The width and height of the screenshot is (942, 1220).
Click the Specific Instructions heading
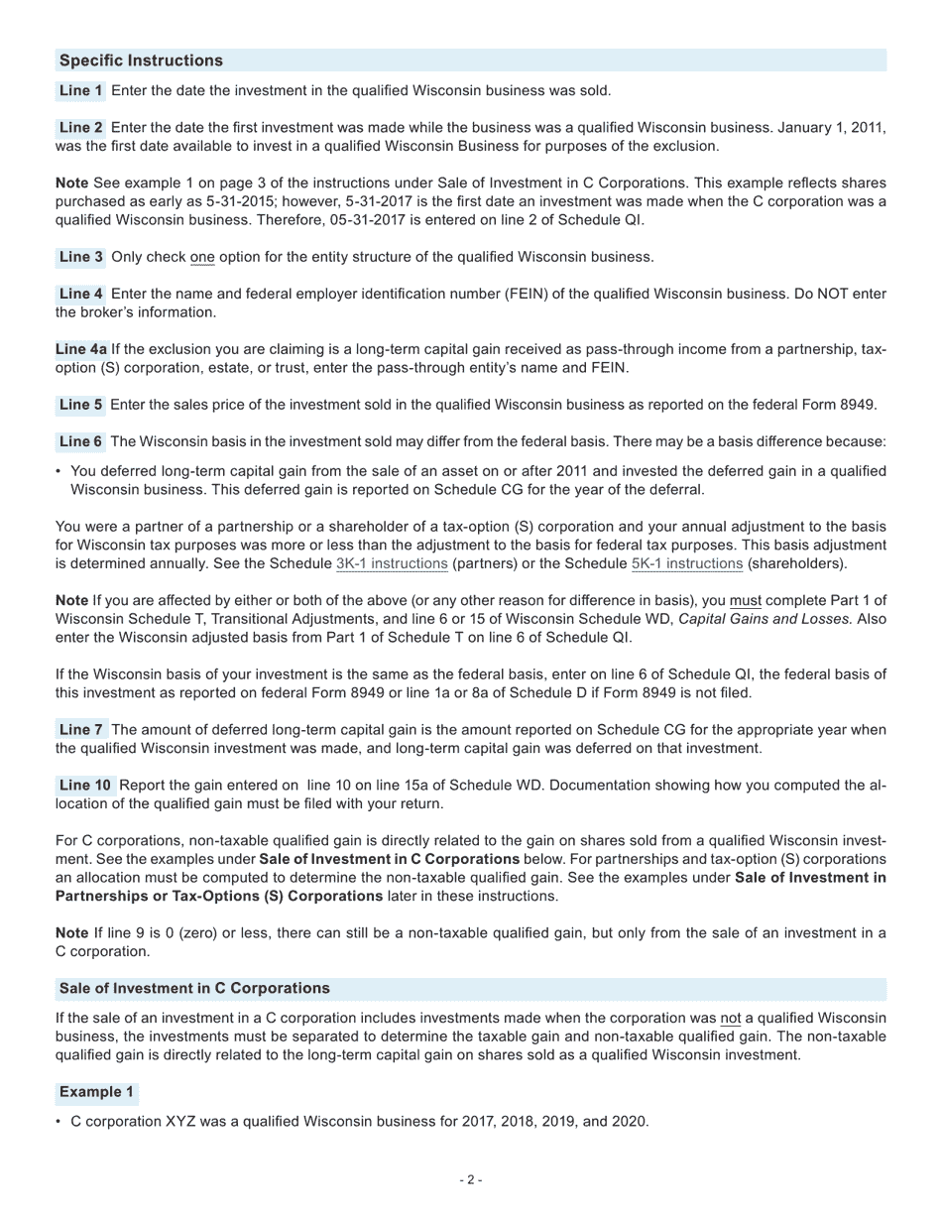point(141,61)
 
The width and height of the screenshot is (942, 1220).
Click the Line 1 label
point(81,90)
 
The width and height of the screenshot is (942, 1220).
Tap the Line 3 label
point(81,257)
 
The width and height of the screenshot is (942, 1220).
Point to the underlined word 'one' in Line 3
point(202,257)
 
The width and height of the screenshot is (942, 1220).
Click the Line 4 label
point(81,294)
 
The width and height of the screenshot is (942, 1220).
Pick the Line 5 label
point(81,405)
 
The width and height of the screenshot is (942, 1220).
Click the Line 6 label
point(81,441)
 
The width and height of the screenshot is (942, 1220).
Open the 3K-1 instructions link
point(392,563)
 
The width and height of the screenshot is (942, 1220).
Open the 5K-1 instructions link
point(686,563)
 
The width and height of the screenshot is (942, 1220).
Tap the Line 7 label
point(81,730)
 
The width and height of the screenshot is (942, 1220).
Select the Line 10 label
point(85,786)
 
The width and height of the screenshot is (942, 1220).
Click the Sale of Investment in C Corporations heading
point(194,989)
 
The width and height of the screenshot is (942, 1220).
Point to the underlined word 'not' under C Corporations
point(730,1019)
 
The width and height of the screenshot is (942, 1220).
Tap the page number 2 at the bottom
point(471,1179)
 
